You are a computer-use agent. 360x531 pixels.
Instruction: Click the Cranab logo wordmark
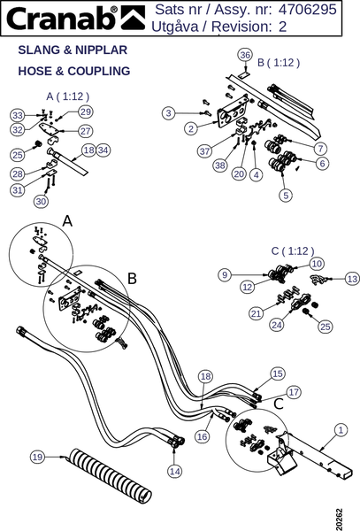point(62,19)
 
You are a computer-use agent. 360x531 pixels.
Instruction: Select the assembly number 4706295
point(308,10)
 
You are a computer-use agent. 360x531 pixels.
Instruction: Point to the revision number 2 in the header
point(282,27)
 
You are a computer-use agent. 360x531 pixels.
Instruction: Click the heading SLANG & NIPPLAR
point(73,50)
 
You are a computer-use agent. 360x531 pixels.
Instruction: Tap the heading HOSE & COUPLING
point(74,71)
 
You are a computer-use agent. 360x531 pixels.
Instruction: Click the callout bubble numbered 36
point(245,55)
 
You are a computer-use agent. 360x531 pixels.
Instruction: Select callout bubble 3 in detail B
point(169,113)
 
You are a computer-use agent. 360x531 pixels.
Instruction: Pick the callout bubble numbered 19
point(37,458)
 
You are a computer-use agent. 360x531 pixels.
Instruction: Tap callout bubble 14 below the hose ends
point(174,471)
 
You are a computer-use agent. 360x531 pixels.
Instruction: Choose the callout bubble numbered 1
point(341,430)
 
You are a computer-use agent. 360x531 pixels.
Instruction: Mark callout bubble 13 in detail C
point(353,279)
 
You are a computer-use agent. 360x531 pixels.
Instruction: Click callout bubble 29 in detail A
point(86,112)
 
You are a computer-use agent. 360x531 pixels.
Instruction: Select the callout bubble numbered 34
point(103,150)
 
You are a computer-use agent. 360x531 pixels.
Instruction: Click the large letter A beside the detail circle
point(68,221)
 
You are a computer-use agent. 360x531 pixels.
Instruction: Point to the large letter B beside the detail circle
point(132,279)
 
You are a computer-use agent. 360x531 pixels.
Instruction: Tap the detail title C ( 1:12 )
point(293,251)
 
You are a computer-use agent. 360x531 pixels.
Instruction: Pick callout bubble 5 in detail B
point(286,195)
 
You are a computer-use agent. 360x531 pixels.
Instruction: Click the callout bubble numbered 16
point(202,436)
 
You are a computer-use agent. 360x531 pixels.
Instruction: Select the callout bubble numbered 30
point(41,202)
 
